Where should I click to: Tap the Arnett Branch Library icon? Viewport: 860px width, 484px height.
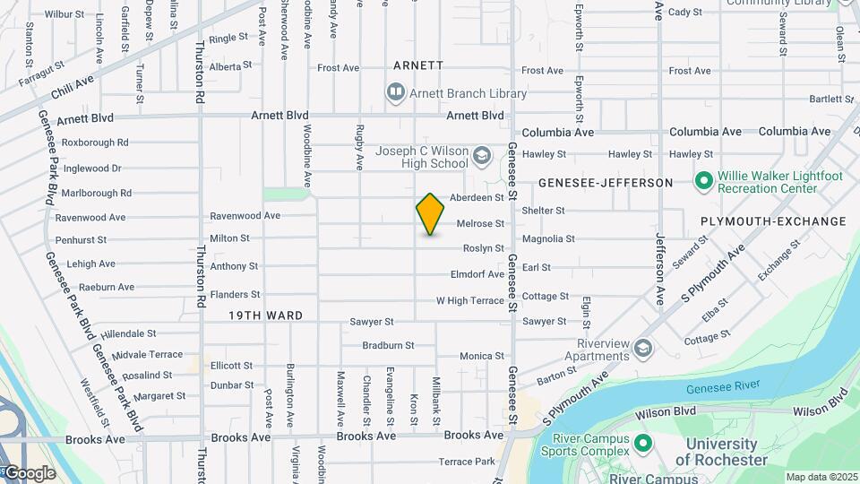[x=395, y=91]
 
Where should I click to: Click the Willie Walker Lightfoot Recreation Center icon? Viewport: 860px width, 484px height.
[x=703, y=182]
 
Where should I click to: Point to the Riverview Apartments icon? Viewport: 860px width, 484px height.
[x=642, y=347]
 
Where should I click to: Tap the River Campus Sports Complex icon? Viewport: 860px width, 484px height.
[x=642, y=443]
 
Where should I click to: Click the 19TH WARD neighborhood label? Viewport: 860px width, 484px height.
[x=265, y=315]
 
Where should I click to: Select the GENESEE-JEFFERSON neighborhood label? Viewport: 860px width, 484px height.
[x=606, y=183]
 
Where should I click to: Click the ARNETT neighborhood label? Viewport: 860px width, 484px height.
[x=418, y=65]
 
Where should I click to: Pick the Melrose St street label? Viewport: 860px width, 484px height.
[x=480, y=224]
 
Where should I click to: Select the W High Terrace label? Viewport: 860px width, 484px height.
[x=470, y=301]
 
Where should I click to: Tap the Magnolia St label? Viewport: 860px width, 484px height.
[x=548, y=238]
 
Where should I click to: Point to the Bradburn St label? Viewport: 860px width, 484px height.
[x=388, y=345]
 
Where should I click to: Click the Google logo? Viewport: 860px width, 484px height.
[x=30, y=473]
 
